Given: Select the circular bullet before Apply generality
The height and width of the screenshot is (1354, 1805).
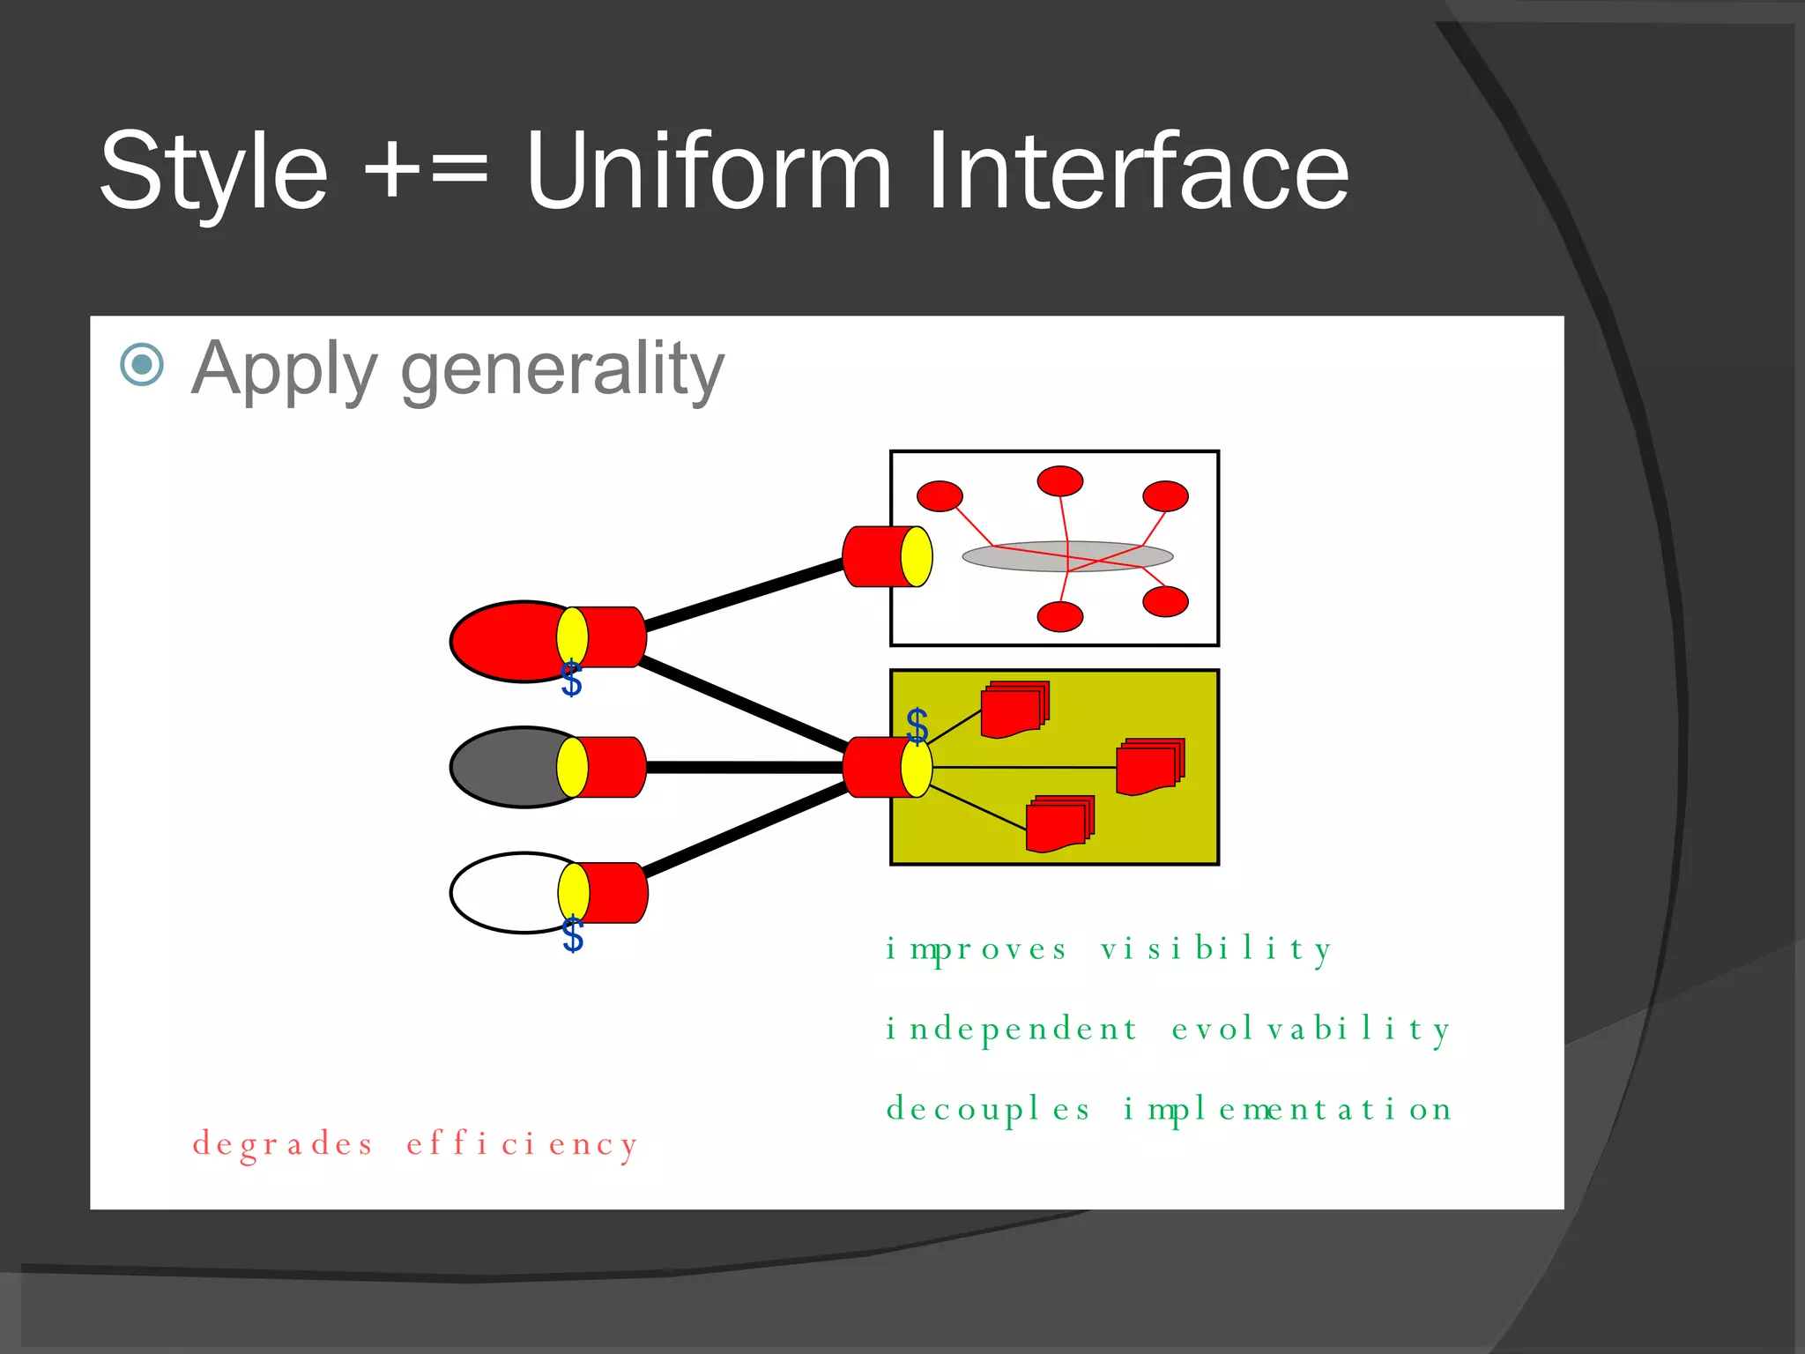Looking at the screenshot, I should [142, 364].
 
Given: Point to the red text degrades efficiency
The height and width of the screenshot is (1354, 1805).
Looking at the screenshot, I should [415, 1144].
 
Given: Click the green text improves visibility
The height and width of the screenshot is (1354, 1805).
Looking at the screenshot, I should [1109, 949].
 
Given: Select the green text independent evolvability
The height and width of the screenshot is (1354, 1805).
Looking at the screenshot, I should [1168, 1029].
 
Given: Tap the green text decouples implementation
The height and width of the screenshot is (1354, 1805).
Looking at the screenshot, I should [1169, 1109].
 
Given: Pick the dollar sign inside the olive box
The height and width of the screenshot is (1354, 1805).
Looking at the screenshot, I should [917, 725].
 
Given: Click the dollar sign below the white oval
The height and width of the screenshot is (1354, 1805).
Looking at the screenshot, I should [573, 934].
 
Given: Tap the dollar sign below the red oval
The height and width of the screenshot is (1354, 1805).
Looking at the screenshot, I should [571, 680].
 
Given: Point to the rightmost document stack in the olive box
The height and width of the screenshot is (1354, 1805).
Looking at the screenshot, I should [1149, 766].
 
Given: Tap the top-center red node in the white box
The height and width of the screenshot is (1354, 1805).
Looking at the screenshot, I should [1059, 481].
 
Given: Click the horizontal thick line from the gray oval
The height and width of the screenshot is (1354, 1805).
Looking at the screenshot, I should [745, 768].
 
